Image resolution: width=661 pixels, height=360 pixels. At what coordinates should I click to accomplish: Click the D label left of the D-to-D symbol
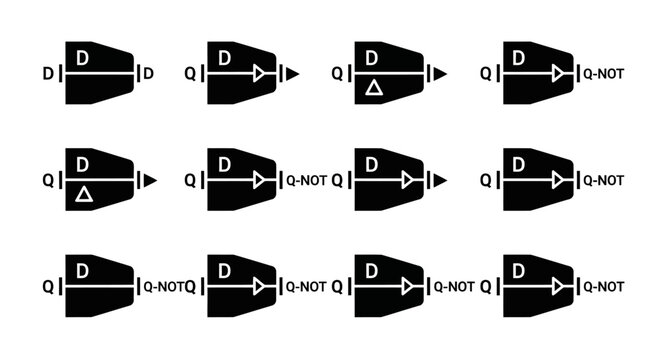[49, 73]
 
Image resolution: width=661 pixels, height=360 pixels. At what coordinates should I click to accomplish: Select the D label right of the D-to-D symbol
[149, 73]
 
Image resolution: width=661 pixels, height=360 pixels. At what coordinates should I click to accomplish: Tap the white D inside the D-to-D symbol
[83, 58]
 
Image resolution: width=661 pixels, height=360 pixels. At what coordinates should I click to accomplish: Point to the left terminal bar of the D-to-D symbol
[60, 73]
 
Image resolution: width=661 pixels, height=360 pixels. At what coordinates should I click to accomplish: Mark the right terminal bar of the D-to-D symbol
[138, 73]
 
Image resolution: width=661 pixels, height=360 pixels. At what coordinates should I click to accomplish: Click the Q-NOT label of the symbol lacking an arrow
[162, 286]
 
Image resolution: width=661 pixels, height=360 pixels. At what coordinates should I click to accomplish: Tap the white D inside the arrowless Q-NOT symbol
[83, 271]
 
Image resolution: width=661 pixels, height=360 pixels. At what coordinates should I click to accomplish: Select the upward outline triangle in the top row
[372, 88]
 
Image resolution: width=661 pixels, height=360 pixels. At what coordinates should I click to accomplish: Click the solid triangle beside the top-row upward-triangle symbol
[440, 73]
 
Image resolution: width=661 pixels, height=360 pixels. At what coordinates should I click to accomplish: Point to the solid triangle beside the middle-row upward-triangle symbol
[150, 181]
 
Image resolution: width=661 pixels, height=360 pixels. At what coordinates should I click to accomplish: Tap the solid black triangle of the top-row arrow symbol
[292, 73]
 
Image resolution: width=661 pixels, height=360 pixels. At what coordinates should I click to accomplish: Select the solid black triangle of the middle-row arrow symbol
[440, 181]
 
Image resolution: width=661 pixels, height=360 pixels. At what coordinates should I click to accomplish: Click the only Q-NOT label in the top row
[603, 73]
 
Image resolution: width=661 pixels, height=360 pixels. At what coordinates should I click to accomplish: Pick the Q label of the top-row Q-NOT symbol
[487, 73]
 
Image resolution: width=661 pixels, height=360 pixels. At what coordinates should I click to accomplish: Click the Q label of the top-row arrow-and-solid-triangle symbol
[191, 73]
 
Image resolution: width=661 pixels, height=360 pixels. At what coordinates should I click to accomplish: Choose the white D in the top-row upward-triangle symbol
[372, 58]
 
